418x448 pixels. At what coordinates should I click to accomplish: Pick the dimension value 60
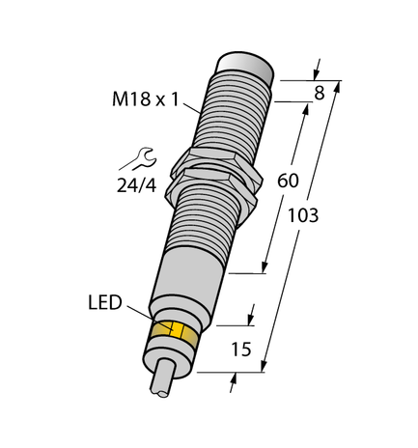pos(289,179)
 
